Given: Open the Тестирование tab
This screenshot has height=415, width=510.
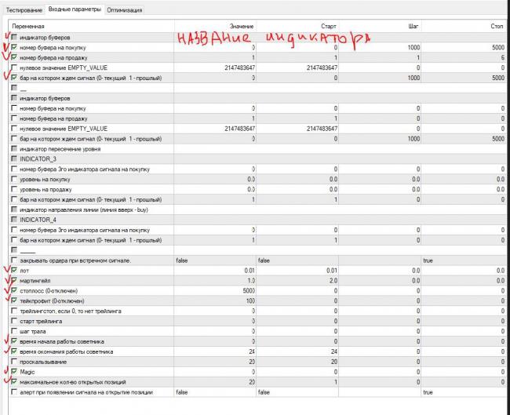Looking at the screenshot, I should [x=23, y=9].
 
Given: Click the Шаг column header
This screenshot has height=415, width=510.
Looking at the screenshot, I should [x=413, y=27].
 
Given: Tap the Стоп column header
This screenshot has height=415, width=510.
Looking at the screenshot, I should [x=496, y=27].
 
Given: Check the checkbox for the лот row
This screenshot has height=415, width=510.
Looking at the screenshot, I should [x=14, y=271].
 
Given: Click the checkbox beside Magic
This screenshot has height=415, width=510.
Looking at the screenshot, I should [x=14, y=371].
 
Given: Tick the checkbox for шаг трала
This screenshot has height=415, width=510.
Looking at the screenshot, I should [x=14, y=331].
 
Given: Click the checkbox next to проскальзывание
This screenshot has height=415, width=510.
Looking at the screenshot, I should [x=14, y=362].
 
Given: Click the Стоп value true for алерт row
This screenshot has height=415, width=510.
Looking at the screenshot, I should [x=428, y=391].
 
